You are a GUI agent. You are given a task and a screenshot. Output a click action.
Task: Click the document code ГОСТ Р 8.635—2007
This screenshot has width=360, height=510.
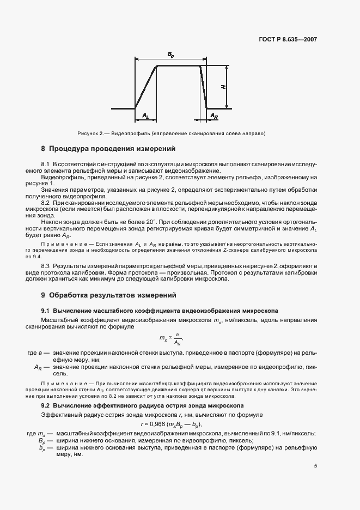tap(287, 40)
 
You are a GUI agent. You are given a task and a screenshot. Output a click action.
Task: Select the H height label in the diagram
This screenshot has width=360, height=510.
tap(224, 87)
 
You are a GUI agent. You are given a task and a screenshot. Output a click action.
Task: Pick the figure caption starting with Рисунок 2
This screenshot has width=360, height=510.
tap(179, 134)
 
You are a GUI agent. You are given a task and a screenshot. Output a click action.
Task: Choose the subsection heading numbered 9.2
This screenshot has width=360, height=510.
tap(146, 406)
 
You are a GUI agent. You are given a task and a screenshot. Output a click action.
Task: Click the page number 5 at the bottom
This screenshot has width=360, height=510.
tap(315, 466)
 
